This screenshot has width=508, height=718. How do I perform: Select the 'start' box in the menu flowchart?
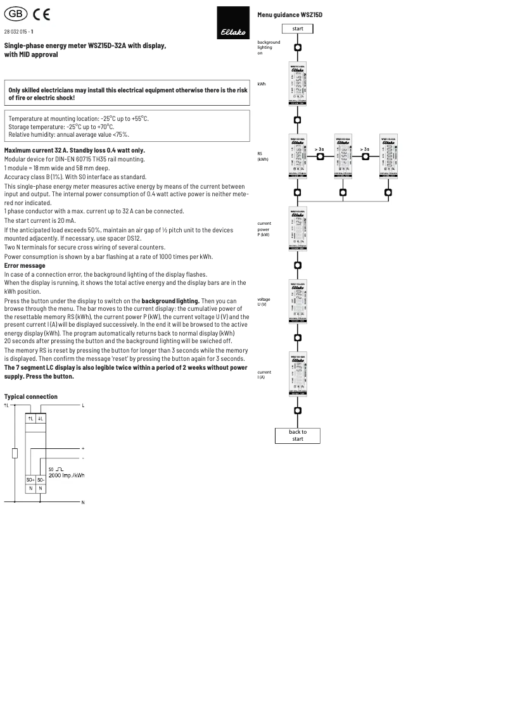[x=298, y=28]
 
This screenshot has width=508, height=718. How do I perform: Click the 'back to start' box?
[x=298, y=435]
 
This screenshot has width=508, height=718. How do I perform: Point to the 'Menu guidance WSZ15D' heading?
[x=289, y=14]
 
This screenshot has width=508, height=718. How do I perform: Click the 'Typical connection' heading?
[x=30, y=396]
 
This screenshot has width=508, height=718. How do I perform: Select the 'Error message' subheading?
[x=25, y=266]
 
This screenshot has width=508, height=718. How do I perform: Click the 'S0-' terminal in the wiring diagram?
[x=41, y=480]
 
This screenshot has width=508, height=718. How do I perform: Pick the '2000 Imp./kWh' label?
[x=67, y=475]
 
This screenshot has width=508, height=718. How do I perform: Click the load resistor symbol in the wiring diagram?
[x=14, y=453]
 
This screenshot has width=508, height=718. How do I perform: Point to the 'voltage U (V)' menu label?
[x=264, y=301]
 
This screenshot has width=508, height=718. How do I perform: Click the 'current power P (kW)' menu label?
[x=264, y=229]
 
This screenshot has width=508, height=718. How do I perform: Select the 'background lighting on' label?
[x=268, y=47]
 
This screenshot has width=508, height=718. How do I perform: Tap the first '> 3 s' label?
[x=319, y=149]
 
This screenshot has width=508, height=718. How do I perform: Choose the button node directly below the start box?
[x=298, y=47]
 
